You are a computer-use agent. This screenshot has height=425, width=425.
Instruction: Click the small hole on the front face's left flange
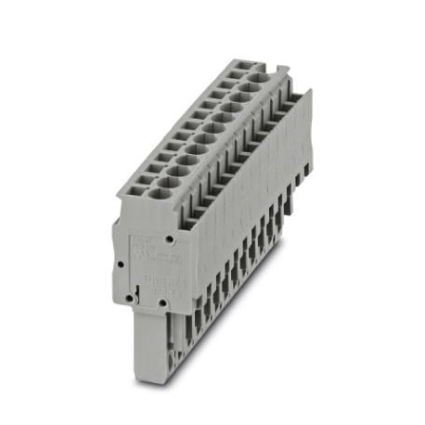121,264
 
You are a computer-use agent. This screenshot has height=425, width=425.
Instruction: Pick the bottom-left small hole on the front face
135,300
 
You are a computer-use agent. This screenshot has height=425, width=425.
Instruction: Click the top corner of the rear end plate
307,90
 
